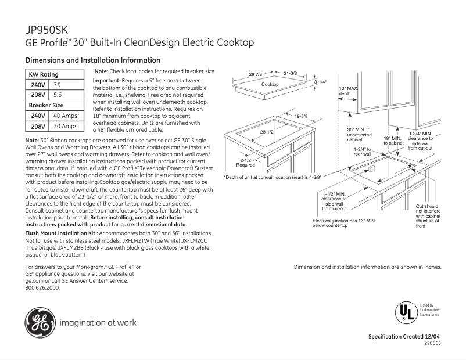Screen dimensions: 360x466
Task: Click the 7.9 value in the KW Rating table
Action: coord(58,84)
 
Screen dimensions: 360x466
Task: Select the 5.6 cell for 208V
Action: coord(58,94)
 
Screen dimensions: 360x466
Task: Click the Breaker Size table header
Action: coord(46,105)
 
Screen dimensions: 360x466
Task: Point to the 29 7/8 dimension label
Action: coord(256,74)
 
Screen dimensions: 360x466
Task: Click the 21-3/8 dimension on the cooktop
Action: coord(291,73)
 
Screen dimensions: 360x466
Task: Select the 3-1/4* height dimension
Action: coord(320,82)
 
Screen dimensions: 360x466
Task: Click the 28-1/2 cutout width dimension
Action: coord(267,132)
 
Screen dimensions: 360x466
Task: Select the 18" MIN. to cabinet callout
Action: coord(392,141)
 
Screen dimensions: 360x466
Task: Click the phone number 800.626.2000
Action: coord(43,287)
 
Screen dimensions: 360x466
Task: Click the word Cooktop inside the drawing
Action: coord(270,85)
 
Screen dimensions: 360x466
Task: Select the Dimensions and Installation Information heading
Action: coord(93,60)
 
